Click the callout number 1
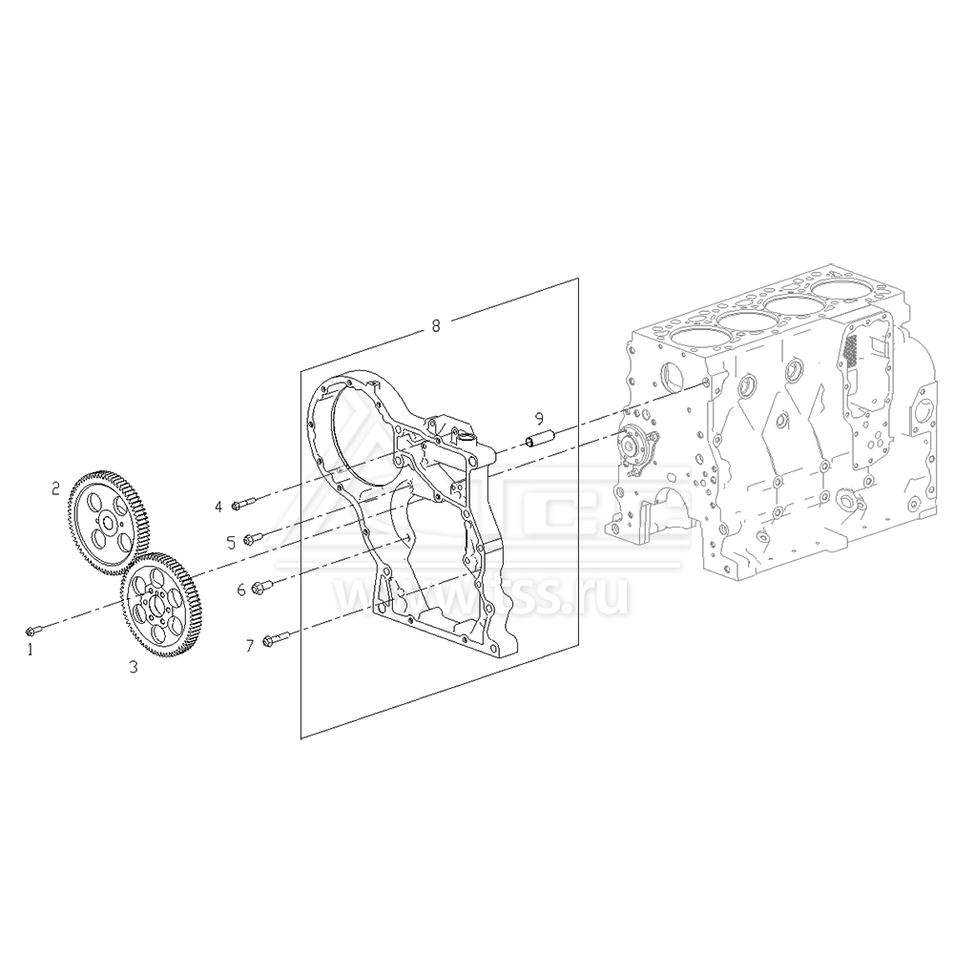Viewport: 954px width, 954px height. [31, 649]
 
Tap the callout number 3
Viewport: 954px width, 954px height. [134, 668]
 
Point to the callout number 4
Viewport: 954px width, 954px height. [218, 506]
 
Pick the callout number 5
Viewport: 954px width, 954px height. [231, 542]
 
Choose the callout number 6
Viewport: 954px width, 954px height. [241, 590]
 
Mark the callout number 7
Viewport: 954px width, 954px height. [250, 646]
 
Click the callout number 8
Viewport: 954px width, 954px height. [436, 325]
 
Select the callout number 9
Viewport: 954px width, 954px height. [539, 418]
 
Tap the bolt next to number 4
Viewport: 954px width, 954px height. [244, 503]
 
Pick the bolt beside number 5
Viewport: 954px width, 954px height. [255, 538]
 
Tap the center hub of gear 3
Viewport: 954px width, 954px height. [155, 605]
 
